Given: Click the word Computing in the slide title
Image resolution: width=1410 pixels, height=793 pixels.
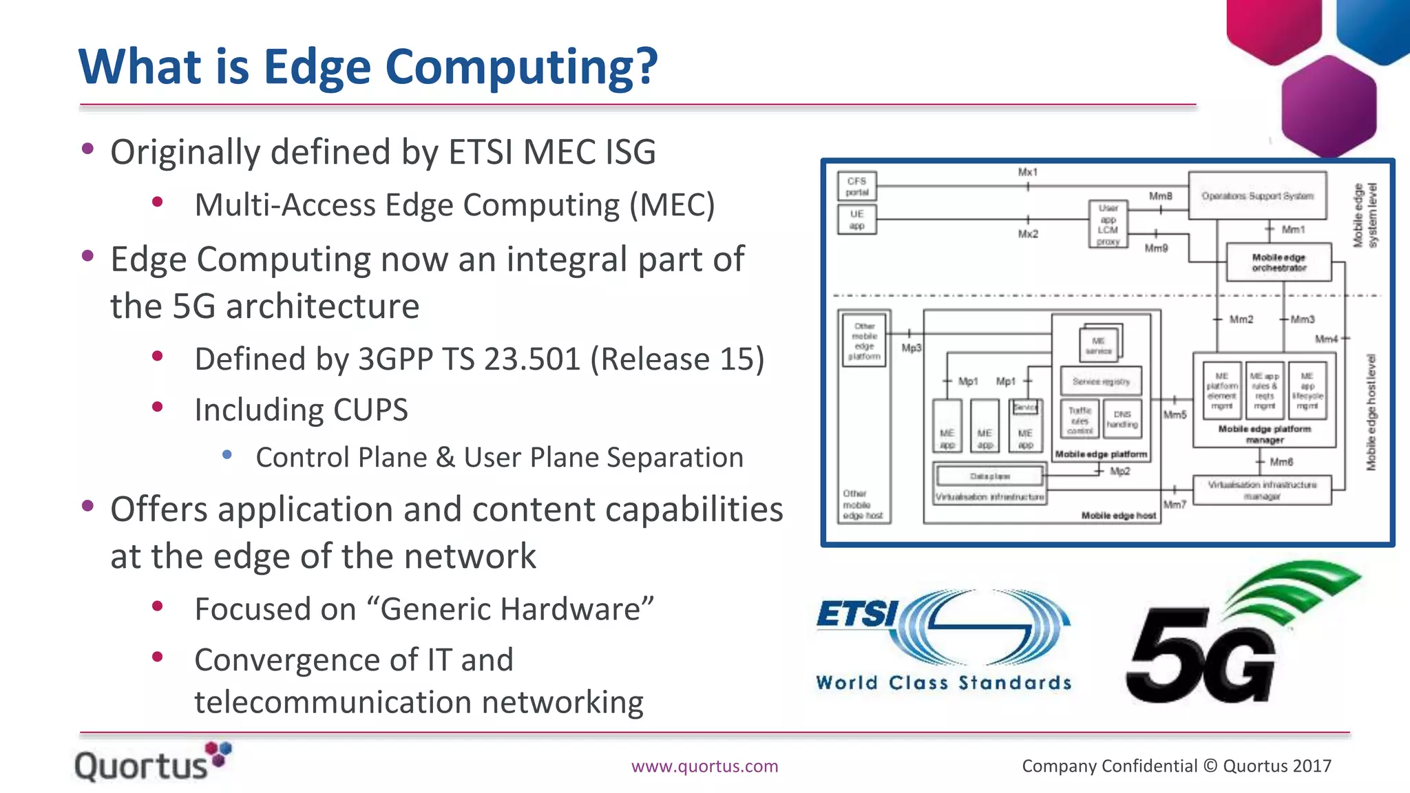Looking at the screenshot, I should pos(521,67).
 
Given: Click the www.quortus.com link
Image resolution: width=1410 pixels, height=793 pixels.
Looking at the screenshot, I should pos(704,766).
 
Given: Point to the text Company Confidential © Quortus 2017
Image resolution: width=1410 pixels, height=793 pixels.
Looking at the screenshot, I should pos(1176,766).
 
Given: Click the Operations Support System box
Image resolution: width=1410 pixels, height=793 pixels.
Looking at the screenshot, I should pos(1257,196).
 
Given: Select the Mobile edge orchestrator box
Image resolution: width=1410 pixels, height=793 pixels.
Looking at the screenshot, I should pos(1279,262).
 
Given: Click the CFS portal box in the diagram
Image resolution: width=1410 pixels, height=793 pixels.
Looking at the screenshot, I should pos(857,187).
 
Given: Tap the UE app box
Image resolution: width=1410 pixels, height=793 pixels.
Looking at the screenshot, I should pos(857,220).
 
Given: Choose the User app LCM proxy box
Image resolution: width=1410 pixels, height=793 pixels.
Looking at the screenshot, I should pos(1108,224).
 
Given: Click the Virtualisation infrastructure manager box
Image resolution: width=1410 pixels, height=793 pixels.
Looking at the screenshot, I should pos(1262,490).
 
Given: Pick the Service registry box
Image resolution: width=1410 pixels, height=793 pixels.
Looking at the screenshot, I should pos(1101,381).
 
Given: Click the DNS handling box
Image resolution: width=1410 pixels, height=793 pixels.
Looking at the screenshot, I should pos(1122,419).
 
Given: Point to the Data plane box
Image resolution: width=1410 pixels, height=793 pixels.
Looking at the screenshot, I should pos(990,476).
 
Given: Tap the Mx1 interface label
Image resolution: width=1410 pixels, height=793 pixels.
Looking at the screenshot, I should pos(1027,172).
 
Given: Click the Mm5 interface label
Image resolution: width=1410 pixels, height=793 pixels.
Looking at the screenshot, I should pos(1175,414).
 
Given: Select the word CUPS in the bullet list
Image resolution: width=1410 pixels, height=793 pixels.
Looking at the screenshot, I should pos(370,410).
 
